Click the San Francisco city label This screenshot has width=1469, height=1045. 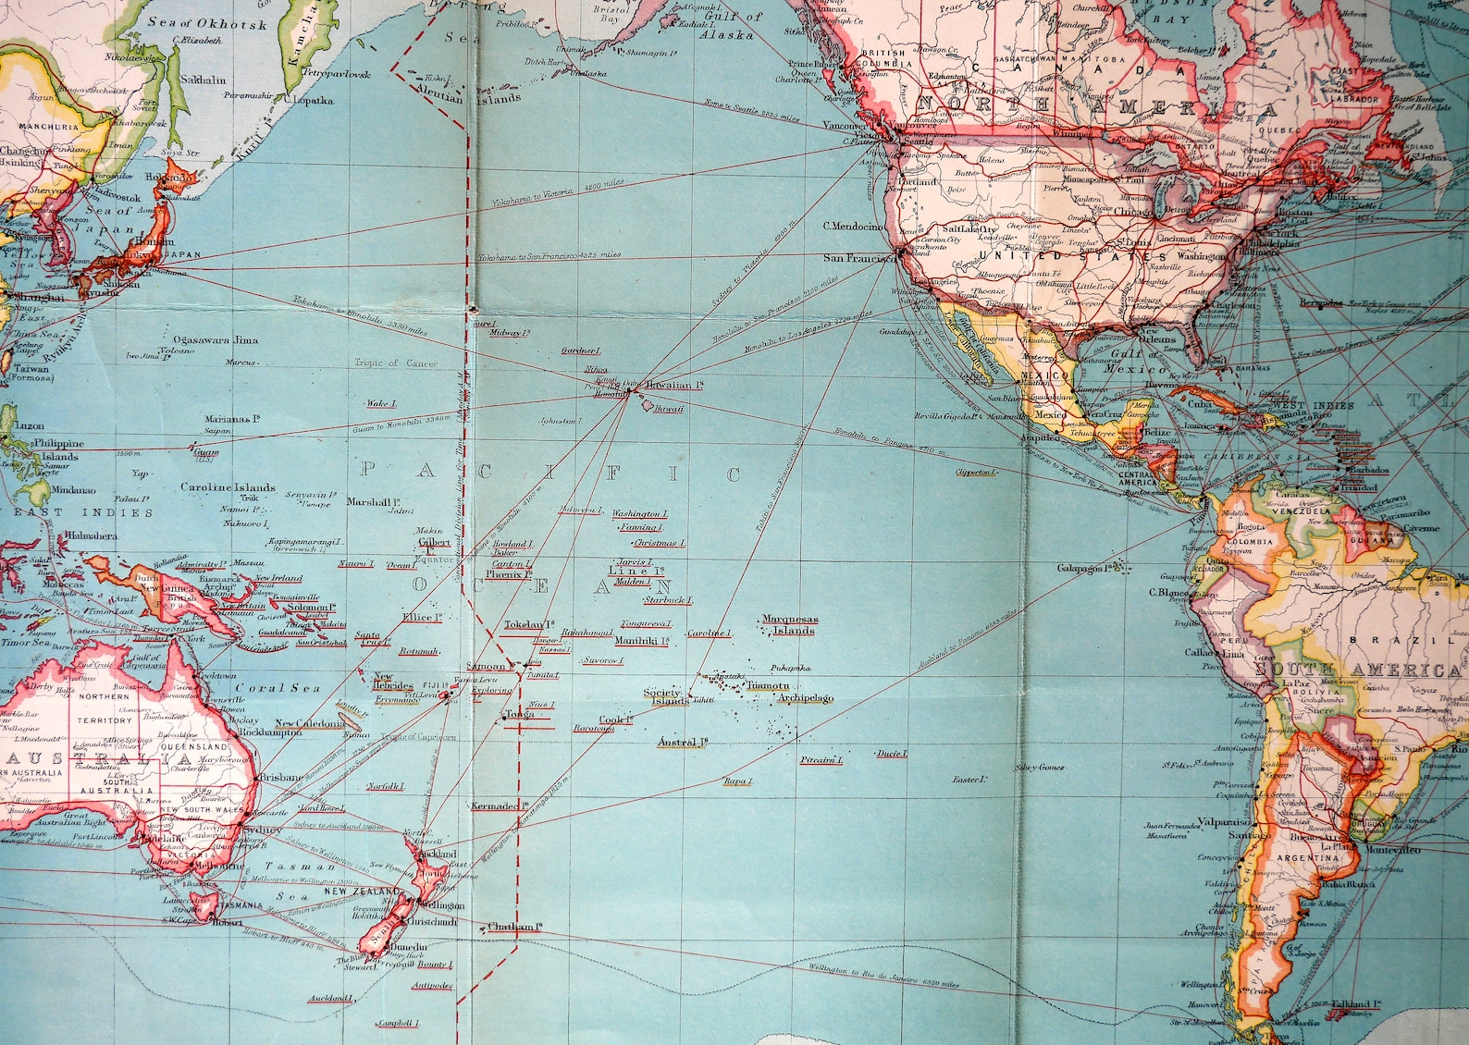pyautogui.click(x=859, y=258)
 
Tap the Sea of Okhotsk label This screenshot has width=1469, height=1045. pyautogui.click(x=208, y=24)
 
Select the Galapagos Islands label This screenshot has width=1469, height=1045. pyautogui.click(x=1085, y=568)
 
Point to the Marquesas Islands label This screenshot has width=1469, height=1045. pyautogui.click(x=789, y=625)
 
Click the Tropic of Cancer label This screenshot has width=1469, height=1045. pyautogui.click(x=396, y=363)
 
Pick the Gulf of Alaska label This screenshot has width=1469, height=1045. pyautogui.click(x=731, y=25)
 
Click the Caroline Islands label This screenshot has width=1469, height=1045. pyautogui.click(x=228, y=487)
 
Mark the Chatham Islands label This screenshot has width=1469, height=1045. pyautogui.click(x=513, y=927)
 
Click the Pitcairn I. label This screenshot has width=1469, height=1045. pyautogui.click(x=821, y=760)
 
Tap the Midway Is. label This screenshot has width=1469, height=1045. pyautogui.click(x=510, y=333)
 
